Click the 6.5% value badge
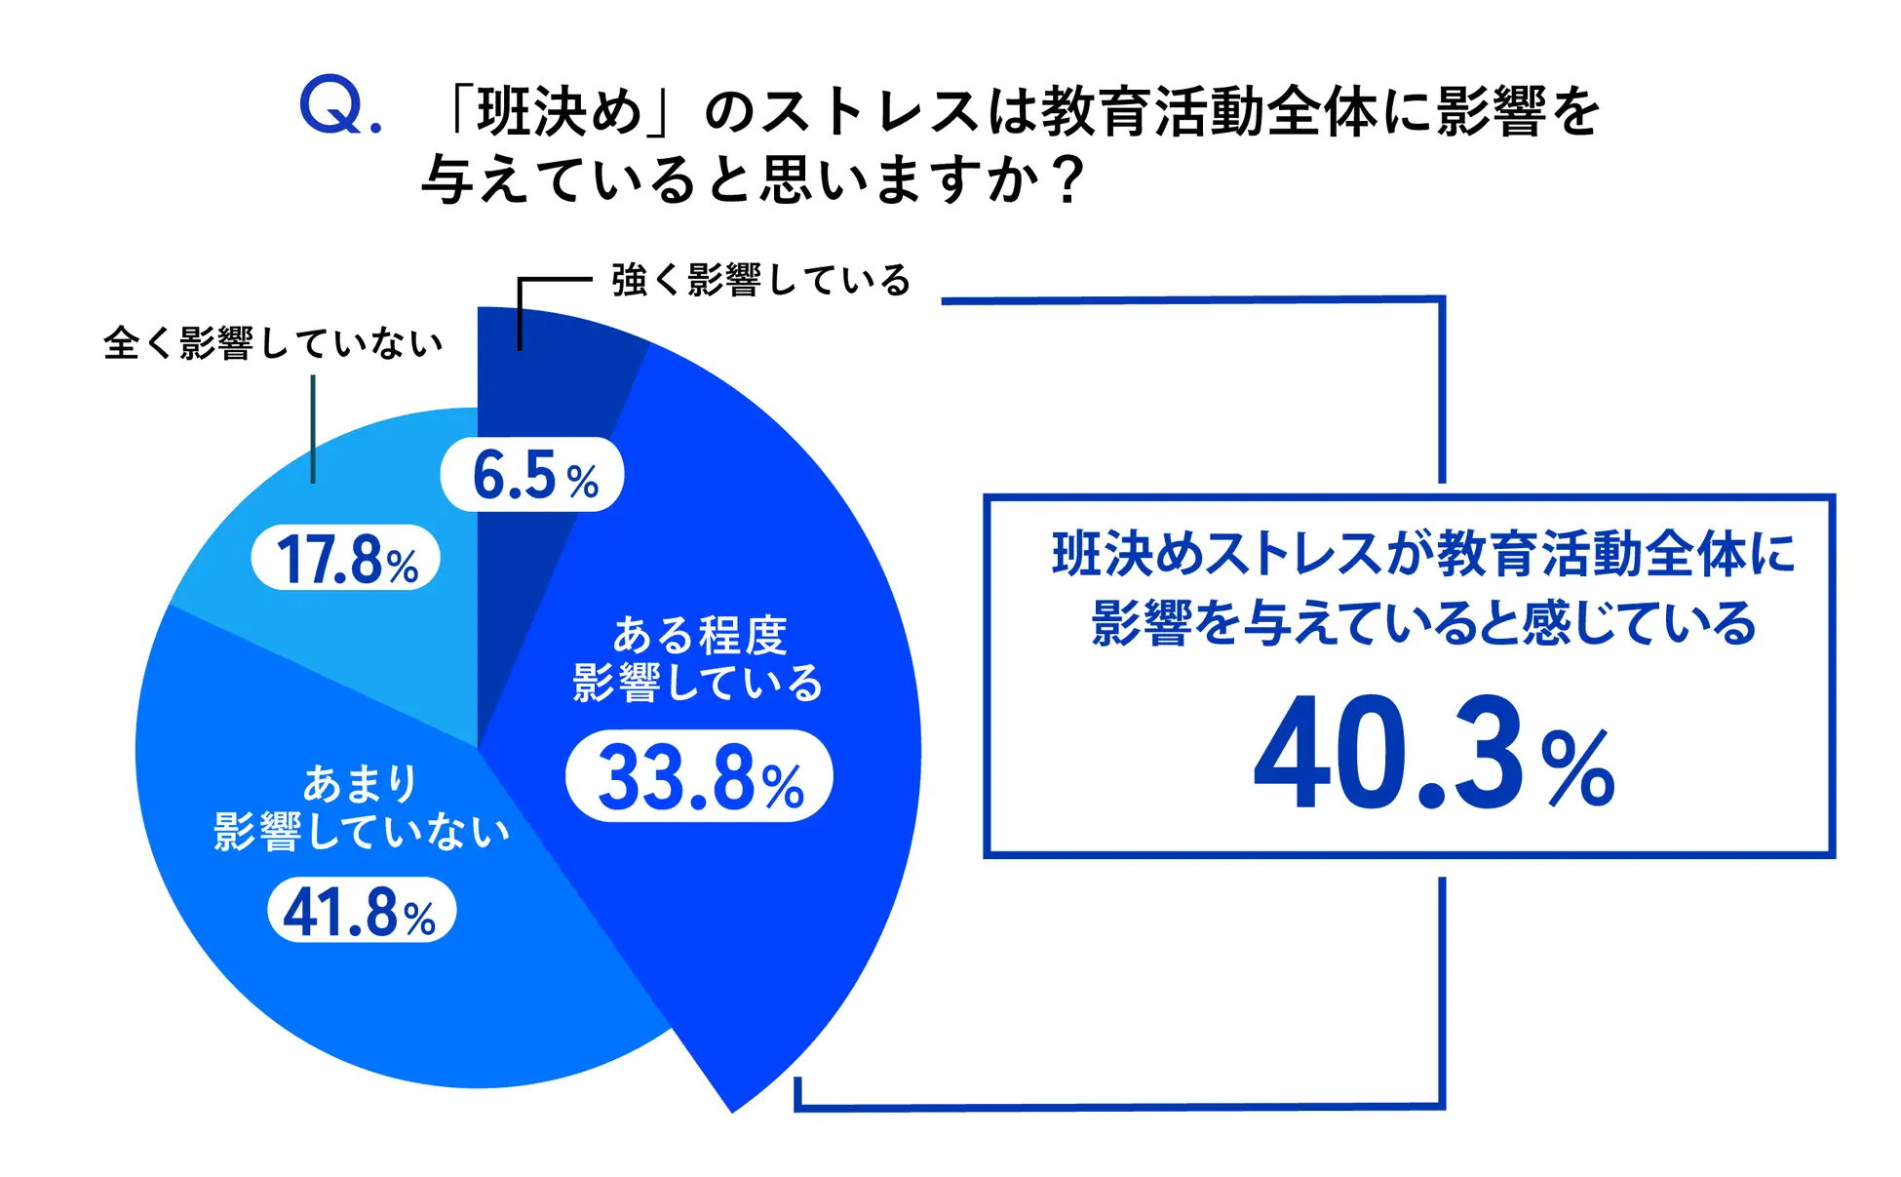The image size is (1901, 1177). (532, 475)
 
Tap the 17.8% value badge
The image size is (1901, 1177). (346, 558)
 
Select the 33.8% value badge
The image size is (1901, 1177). (699, 776)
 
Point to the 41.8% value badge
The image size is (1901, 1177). (362, 911)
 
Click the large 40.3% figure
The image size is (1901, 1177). (1433, 753)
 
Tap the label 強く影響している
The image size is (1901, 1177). (760, 280)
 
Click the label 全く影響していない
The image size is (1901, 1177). (273, 342)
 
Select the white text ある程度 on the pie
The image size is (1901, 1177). (699, 635)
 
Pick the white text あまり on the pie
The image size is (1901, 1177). (361, 783)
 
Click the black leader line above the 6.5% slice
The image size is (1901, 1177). (521, 312)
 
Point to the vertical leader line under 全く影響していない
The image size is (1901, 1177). (313, 429)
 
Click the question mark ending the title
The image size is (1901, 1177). (1069, 180)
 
